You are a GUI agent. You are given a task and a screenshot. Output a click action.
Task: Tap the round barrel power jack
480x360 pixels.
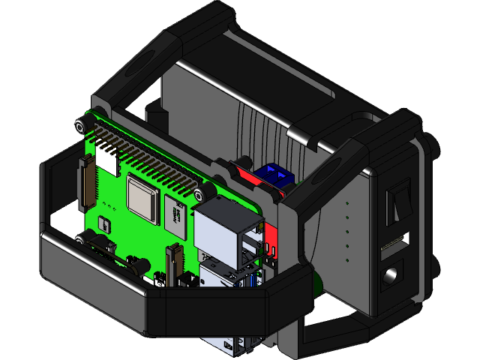(391, 275)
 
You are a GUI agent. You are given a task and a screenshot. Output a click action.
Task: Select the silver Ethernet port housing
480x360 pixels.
(225, 229)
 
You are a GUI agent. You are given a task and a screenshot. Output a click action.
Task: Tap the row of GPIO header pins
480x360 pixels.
(157, 161)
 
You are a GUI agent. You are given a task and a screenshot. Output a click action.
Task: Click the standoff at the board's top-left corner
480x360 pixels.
(80, 124)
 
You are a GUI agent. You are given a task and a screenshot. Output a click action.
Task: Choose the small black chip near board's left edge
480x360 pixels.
(103, 223)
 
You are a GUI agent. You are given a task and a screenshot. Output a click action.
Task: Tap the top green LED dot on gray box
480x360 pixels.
(347, 202)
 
